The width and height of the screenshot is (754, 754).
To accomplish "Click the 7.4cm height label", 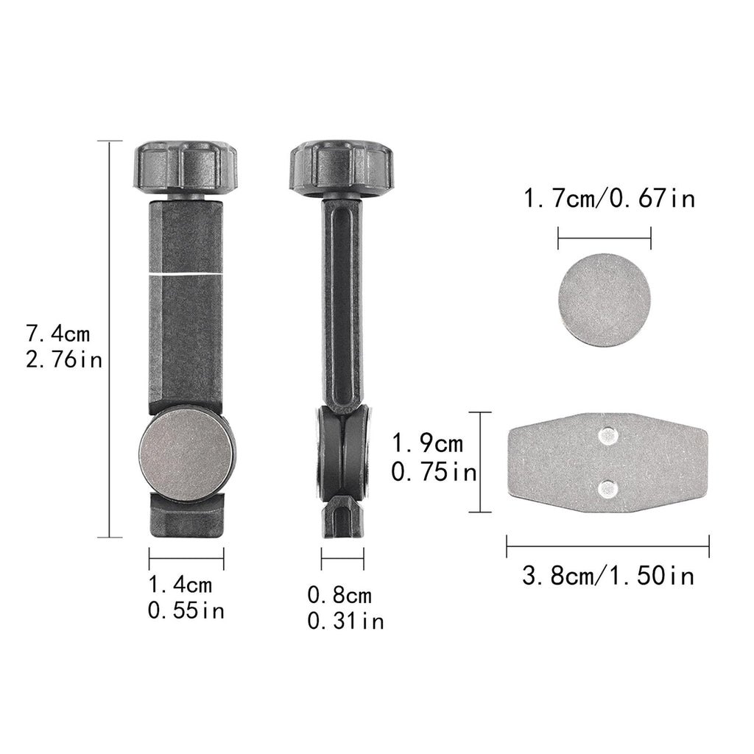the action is (x=57, y=334).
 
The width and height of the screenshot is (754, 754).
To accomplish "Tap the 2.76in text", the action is (x=64, y=359).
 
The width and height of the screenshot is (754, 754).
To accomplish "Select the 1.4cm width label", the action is (x=180, y=585).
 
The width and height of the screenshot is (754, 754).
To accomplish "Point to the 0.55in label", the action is (x=186, y=610).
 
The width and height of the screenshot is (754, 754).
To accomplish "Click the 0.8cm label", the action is (x=339, y=595).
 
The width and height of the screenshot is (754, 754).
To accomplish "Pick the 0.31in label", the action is (x=346, y=621).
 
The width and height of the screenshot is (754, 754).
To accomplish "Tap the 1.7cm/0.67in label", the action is (x=609, y=199).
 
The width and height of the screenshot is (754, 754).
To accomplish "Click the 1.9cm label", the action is (x=428, y=443).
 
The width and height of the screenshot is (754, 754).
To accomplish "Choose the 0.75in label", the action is (x=434, y=472).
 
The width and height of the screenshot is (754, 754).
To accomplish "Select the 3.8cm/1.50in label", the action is (x=608, y=576).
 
